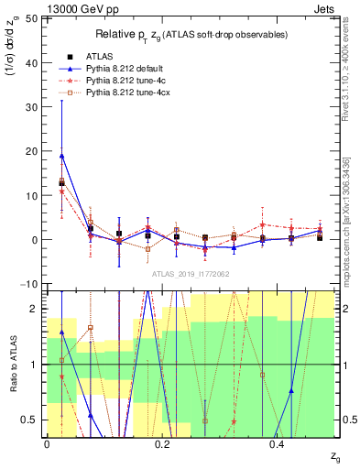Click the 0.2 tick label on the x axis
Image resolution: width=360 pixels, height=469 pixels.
(162, 444)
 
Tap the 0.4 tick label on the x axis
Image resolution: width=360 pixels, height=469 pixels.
(278, 444)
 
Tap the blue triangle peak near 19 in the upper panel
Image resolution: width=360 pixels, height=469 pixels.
(61, 155)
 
